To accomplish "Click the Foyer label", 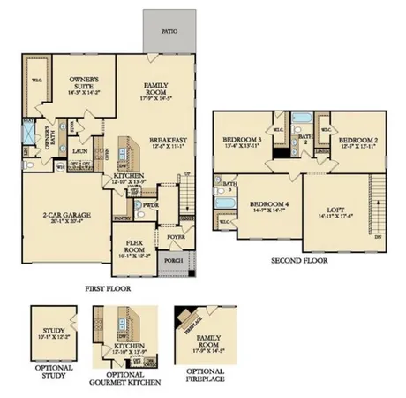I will pos(177,236).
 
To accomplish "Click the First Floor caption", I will pos(108,288).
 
